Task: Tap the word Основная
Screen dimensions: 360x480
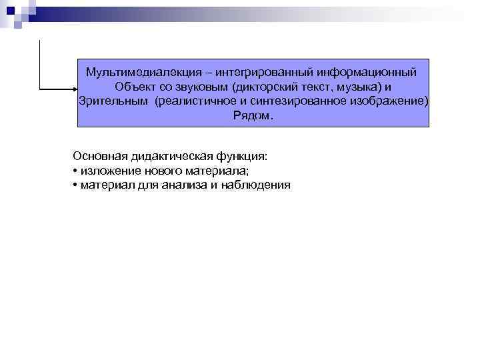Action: (x=101, y=156)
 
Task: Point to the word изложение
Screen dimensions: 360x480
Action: (x=109, y=171)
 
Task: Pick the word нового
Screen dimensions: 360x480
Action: (x=161, y=171)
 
